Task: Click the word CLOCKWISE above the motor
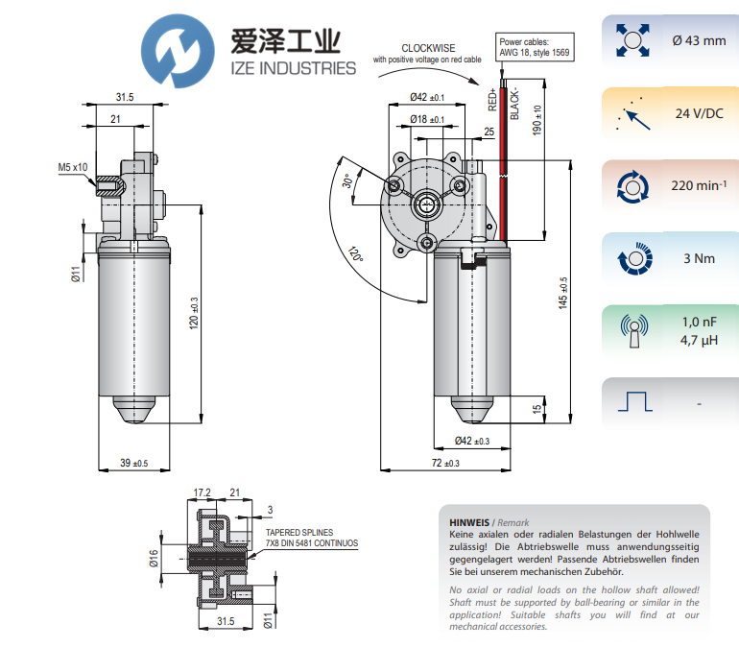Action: (428, 47)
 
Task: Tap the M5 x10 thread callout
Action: (72, 167)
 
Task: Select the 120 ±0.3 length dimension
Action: (193, 314)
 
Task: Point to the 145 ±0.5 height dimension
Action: (563, 294)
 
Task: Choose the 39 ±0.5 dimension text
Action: (133, 464)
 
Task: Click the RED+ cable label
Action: (492, 101)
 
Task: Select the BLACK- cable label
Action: (514, 100)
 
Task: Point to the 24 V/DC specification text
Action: (699, 113)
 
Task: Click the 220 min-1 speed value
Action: (698, 185)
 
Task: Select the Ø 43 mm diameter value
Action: (698, 40)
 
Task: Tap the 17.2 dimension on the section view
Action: (202, 492)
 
